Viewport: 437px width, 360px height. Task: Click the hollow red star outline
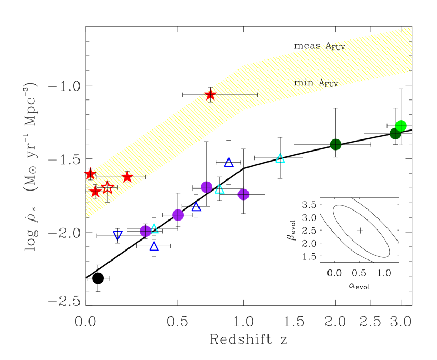[x=107, y=187]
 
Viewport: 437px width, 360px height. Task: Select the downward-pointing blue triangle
[x=118, y=235]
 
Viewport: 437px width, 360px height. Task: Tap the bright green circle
[x=401, y=125]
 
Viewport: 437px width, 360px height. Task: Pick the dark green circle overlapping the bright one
[x=394, y=134]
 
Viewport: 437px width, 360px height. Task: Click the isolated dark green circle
[x=335, y=144]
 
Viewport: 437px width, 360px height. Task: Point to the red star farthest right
[x=210, y=94]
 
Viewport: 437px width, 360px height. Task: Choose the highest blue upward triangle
[x=229, y=163]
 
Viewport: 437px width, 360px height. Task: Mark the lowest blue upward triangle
[x=154, y=246]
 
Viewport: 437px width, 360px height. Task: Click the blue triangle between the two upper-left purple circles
[x=196, y=207]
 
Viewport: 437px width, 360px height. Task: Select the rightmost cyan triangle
[x=280, y=158]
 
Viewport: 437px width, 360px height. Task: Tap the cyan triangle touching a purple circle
[x=154, y=228]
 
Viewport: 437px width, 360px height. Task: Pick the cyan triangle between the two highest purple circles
[x=220, y=189]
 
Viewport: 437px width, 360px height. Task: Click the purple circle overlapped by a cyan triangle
[x=145, y=231]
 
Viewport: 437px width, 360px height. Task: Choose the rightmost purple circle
[x=243, y=194]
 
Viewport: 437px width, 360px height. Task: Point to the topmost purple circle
[x=206, y=187]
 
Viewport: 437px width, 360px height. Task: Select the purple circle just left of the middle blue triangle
[x=178, y=215]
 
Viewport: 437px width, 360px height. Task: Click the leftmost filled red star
[x=90, y=173]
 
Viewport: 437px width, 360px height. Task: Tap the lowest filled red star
[x=95, y=192]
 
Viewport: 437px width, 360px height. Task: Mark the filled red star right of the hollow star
[x=127, y=177]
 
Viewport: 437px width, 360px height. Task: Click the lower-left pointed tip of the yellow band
[x=86, y=217]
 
